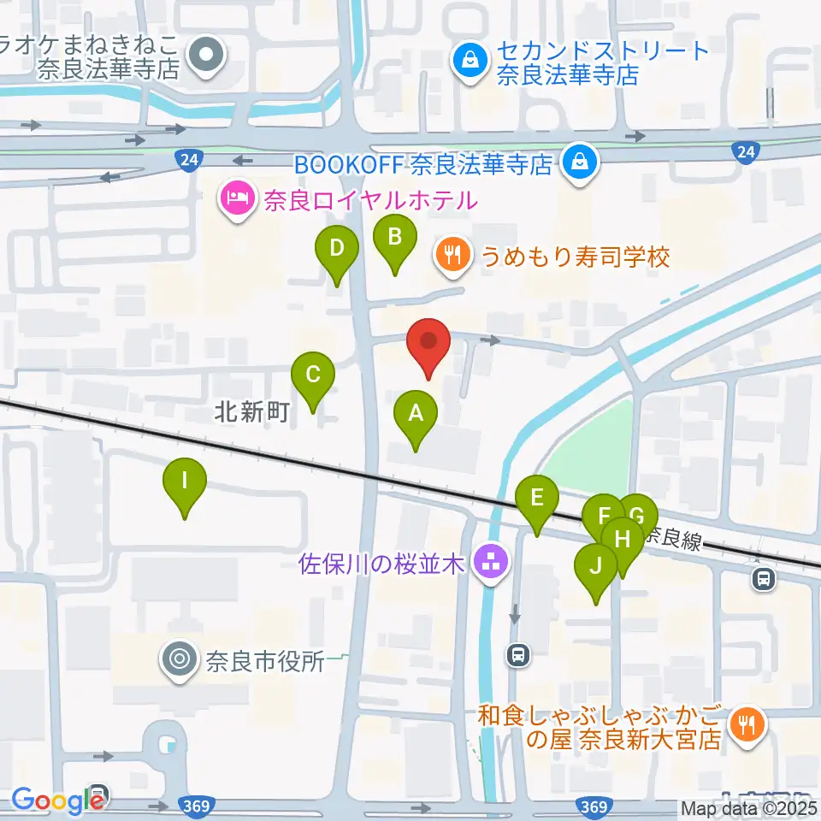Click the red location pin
point(429,344)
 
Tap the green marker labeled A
point(416,415)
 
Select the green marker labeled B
point(394,238)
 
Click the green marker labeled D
point(337,250)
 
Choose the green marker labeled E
point(537,499)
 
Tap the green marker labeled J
point(596,567)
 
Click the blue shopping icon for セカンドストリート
point(470,59)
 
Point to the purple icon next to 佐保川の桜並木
point(493,562)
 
